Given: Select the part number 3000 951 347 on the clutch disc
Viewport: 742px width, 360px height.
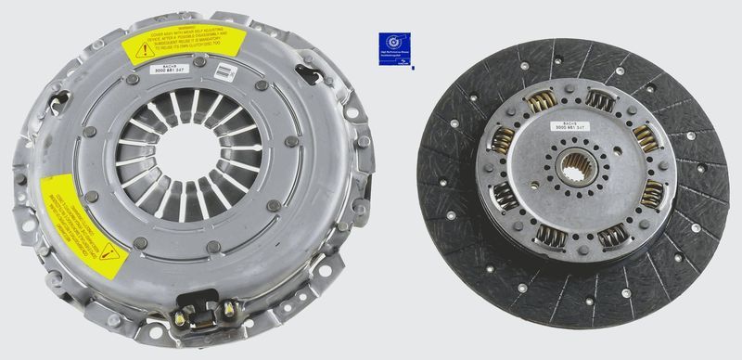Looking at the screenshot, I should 573,127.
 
